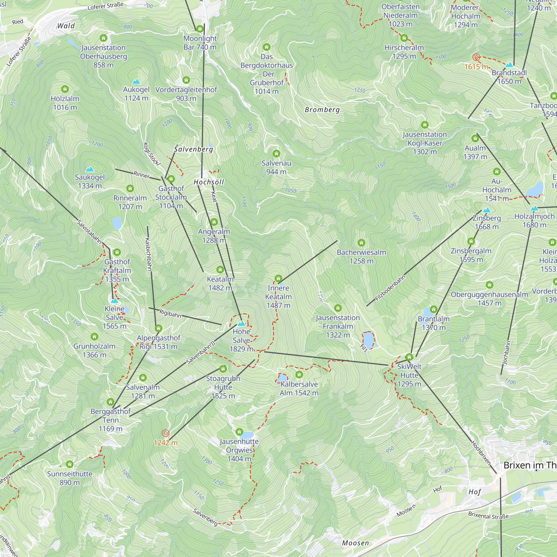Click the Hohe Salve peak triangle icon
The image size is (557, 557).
(241, 323)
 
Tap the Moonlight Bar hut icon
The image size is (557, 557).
(200, 28)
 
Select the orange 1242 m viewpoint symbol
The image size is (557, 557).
(165, 433)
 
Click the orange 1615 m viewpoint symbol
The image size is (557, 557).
(476, 57)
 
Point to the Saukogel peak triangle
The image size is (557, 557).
(90, 169)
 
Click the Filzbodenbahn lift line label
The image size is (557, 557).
(390, 288)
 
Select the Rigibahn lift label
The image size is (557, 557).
(170, 314)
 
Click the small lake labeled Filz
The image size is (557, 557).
(368, 340)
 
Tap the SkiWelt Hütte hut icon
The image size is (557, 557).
(409, 357)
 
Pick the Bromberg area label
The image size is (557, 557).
(322, 110)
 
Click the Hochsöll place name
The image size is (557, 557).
(209, 182)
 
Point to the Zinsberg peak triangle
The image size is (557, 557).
(487, 210)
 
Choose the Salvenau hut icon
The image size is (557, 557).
(276, 153)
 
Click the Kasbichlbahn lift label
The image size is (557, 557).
(148, 255)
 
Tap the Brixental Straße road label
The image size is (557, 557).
(488, 515)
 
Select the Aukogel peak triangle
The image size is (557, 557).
(136, 82)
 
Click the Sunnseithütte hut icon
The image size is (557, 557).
(69, 464)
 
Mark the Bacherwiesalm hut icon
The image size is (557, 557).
(361, 243)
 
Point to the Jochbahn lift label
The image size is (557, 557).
(506, 353)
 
